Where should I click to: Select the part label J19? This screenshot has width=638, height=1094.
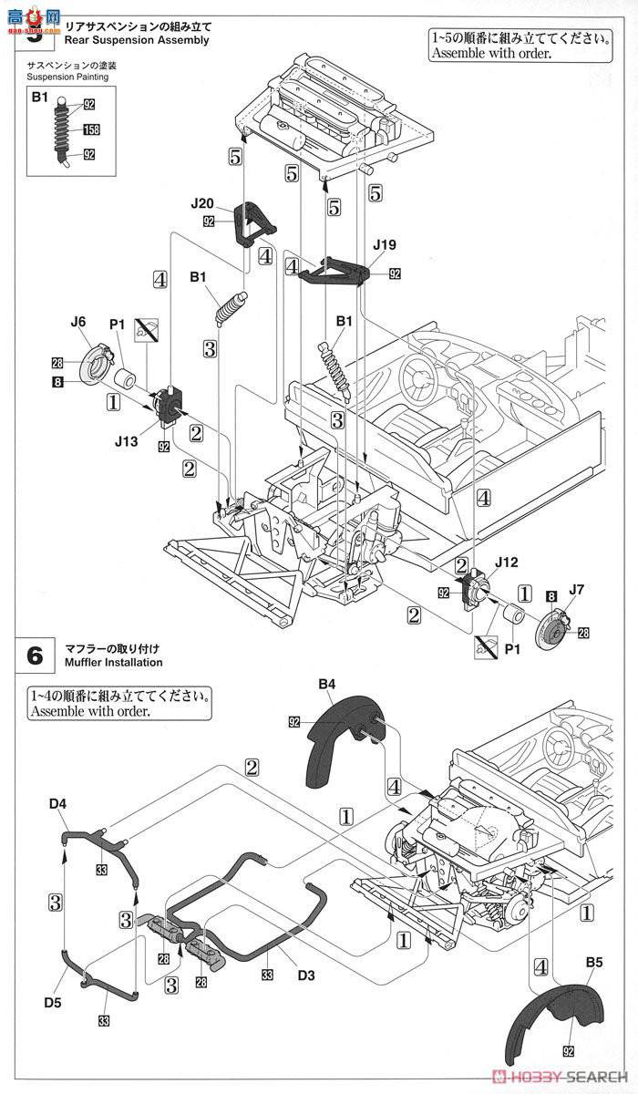[x=386, y=244]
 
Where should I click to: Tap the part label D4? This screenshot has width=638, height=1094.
[x=58, y=802]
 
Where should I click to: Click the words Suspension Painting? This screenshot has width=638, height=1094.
[x=67, y=77]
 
